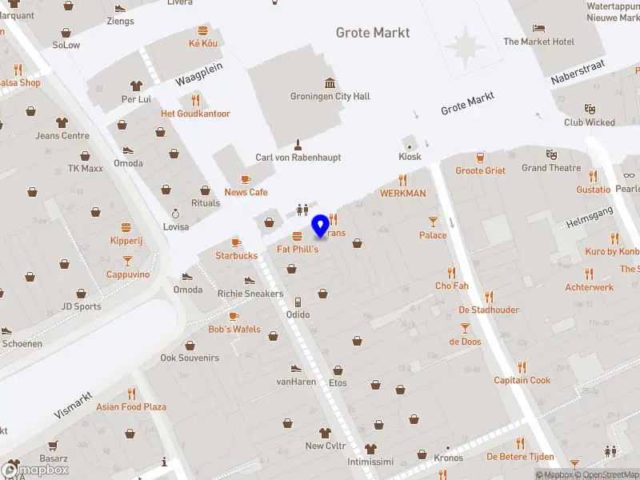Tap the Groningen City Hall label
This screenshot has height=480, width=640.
330,96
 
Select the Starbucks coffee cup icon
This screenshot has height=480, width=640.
236,242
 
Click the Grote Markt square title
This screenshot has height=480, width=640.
373,33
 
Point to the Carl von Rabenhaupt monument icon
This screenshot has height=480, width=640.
298,145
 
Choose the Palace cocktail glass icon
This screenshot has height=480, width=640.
433,221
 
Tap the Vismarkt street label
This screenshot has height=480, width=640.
75,406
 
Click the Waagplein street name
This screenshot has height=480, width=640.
199,74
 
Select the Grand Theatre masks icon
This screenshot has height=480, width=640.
551,154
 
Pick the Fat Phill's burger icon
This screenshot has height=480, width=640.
298,236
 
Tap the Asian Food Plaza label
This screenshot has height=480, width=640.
131,406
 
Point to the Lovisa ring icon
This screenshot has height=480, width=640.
176,214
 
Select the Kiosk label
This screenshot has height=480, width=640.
410,157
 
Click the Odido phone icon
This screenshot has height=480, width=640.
298,302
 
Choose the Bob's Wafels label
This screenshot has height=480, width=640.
234,329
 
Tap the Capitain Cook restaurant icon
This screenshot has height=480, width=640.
522,367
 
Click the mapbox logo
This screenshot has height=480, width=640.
35,470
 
